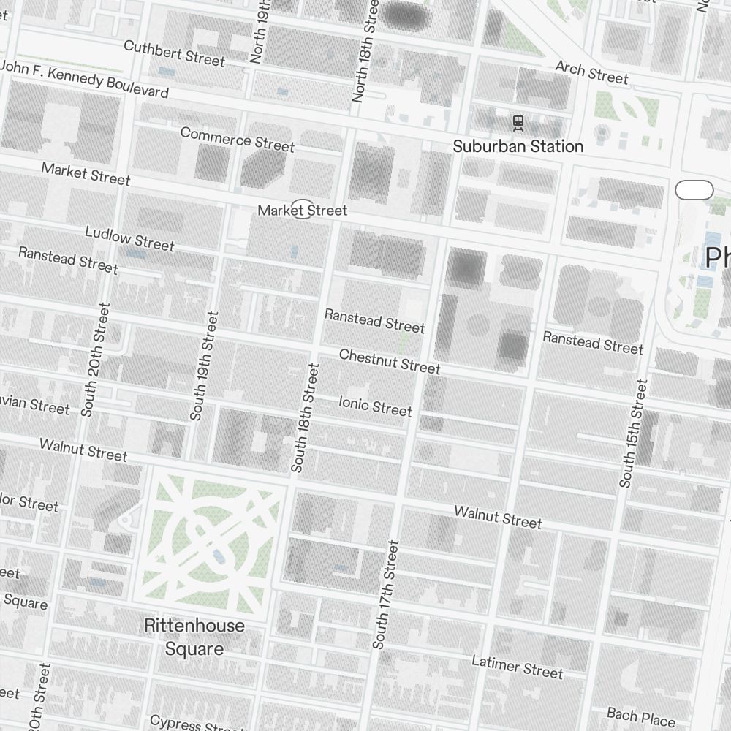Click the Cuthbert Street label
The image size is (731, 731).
[x=174, y=53]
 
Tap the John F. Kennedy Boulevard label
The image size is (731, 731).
[x=84, y=80]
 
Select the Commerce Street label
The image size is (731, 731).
[x=237, y=139]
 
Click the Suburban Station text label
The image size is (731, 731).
[x=518, y=146]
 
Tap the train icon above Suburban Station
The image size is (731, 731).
[x=518, y=123]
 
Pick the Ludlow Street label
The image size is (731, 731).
[x=129, y=238]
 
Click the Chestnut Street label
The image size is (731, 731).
[x=390, y=360]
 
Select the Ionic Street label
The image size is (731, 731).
[x=375, y=405]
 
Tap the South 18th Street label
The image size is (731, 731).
[x=305, y=417]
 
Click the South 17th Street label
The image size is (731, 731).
[x=386, y=594]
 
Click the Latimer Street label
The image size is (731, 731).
[x=518, y=667]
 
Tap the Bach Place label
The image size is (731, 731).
[x=640, y=716]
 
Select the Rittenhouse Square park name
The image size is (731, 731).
[x=194, y=637]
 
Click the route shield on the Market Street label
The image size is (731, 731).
[x=302, y=209]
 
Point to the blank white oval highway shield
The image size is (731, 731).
[x=694, y=190]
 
